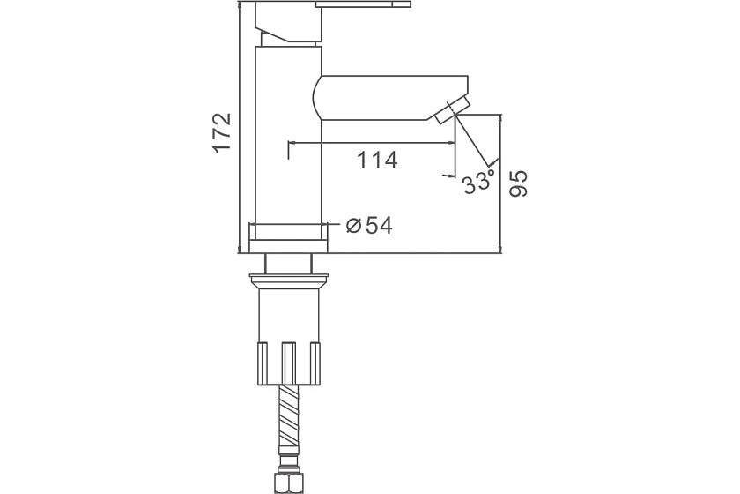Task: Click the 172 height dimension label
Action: (222, 132)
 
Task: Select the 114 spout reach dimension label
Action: (377, 161)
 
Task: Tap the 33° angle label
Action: (478, 181)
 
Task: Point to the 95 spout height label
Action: (519, 183)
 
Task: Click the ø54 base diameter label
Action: (368, 226)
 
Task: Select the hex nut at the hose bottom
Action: (288, 483)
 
